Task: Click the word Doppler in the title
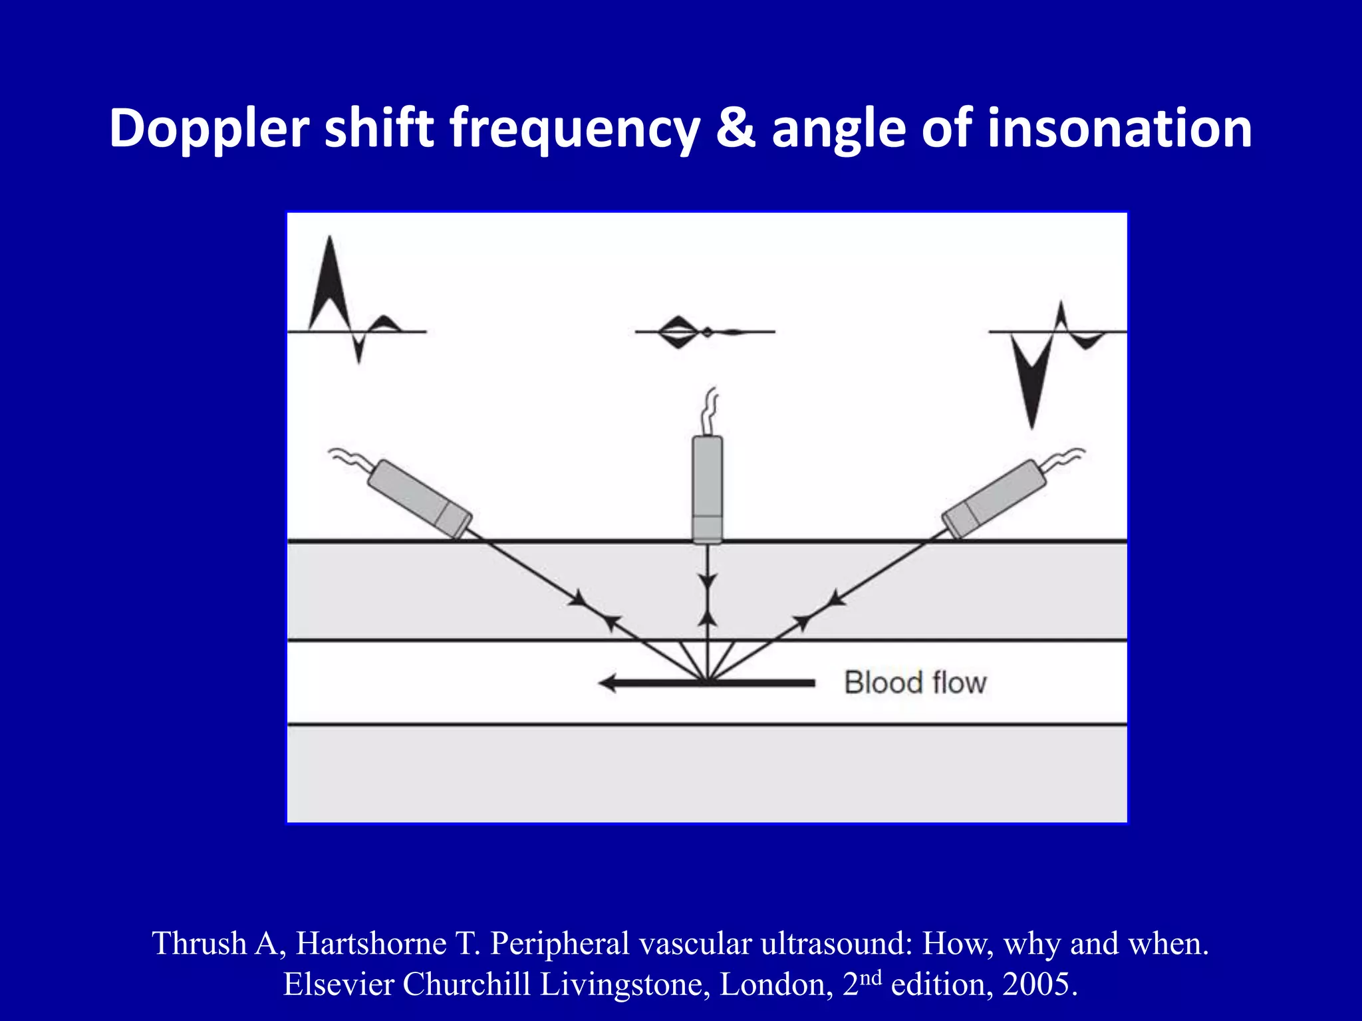[209, 129]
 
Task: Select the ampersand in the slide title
[736, 128]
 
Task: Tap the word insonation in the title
[1120, 128]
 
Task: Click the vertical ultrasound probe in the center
[707, 489]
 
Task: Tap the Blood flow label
[915, 683]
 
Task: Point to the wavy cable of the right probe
[1064, 457]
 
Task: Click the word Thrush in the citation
[199, 944]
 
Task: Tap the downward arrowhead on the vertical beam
[708, 582]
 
